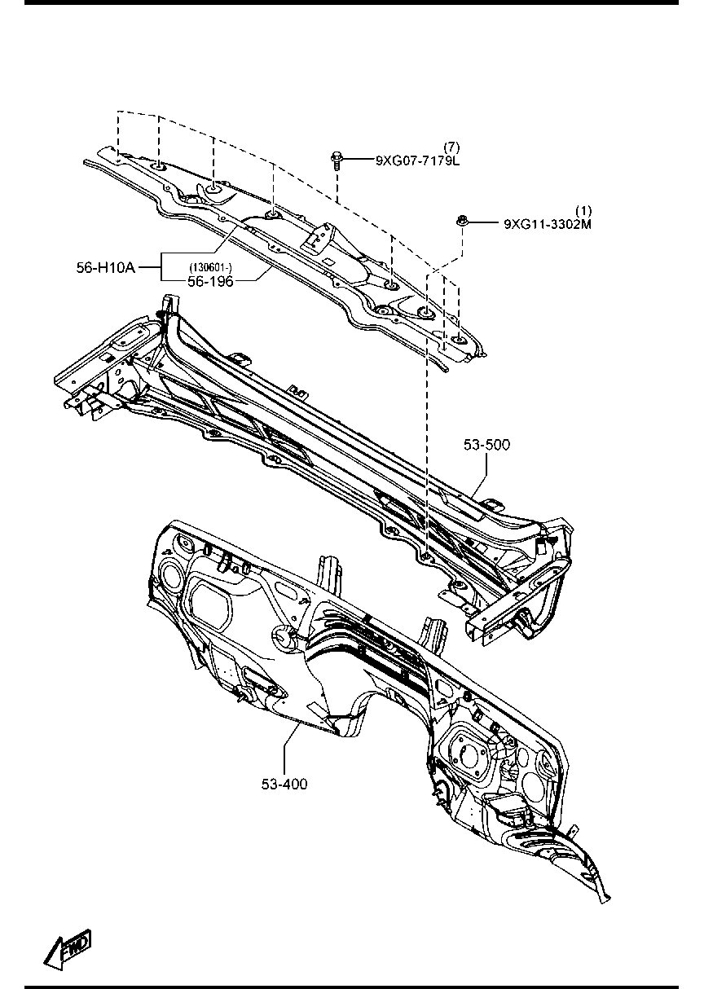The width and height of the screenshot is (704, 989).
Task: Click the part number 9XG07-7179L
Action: (417, 160)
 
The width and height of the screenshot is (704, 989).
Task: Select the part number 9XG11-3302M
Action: (548, 224)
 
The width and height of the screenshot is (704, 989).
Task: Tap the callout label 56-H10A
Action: (106, 267)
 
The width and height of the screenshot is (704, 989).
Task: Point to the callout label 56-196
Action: (210, 281)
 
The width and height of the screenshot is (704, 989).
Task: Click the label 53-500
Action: (486, 445)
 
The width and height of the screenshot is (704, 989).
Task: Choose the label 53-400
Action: (284, 785)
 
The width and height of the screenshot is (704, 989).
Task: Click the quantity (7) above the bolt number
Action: (451, 147)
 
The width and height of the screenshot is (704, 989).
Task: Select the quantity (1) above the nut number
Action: (583, 211)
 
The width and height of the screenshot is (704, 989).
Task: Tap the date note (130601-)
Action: (211, 267)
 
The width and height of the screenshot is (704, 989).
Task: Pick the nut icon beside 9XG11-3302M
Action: (462, 221)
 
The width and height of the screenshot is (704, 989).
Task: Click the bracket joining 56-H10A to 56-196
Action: (161, 267)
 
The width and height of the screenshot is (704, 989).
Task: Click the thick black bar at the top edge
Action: (351, 2)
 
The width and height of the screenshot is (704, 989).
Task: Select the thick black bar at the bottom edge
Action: (351, 987)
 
